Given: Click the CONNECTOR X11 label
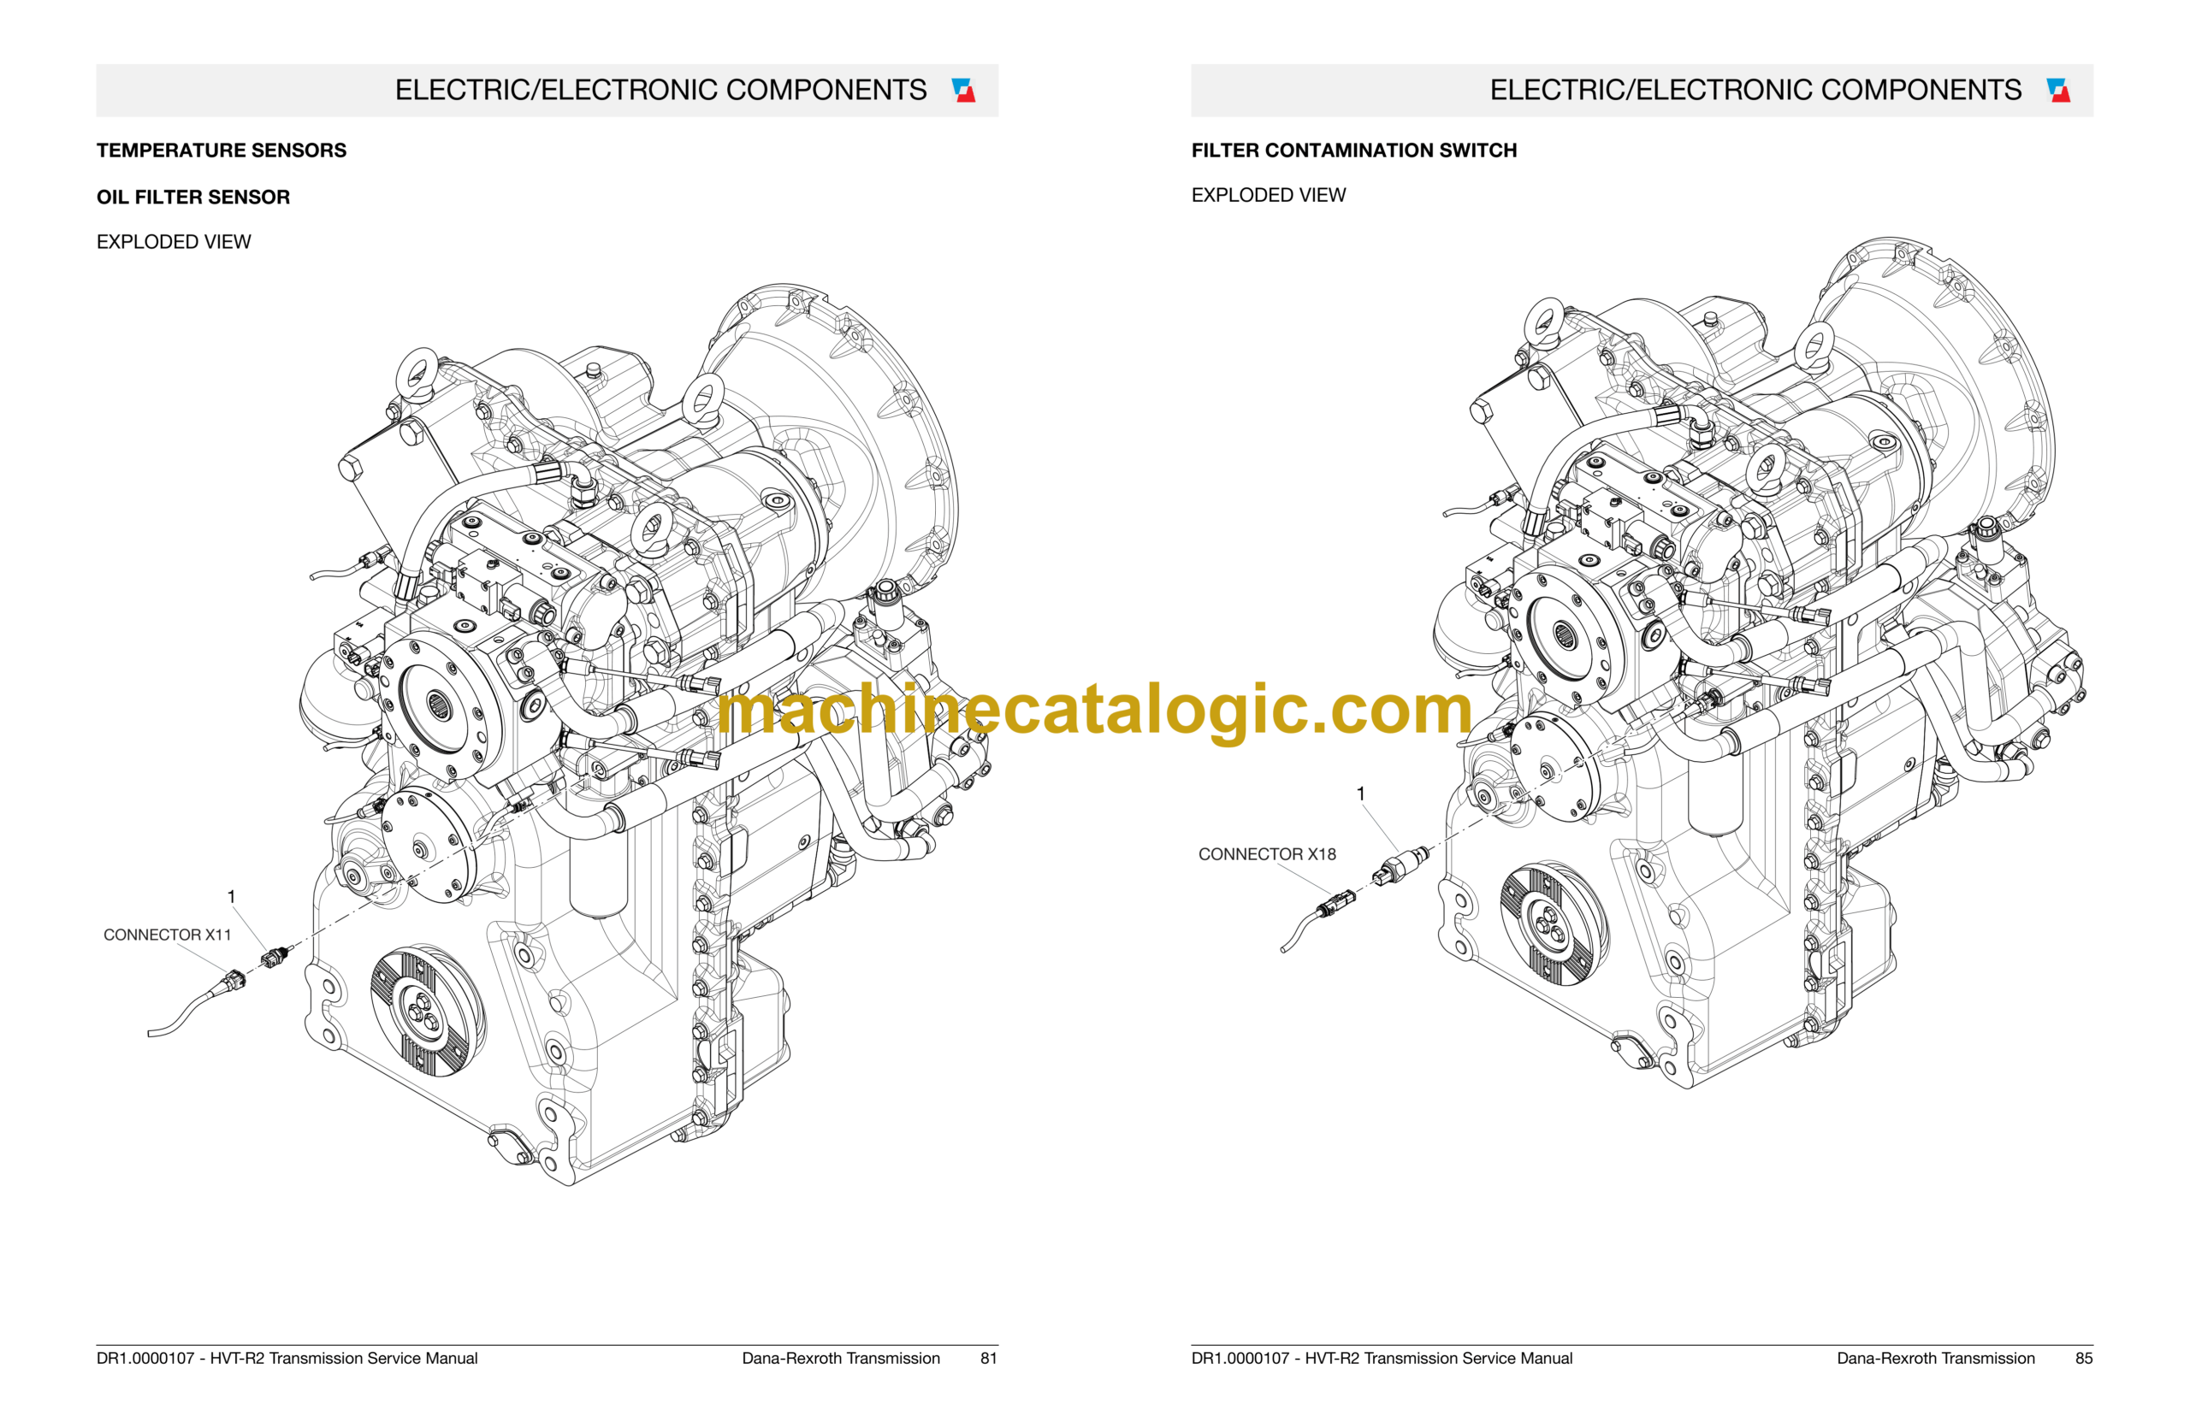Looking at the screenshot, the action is coord(168,935).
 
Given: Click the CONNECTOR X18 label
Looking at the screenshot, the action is coord(1267,854).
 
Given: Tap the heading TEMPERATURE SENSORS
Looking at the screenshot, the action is coord(222,150).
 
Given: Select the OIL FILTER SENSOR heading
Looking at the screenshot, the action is coord(193,197).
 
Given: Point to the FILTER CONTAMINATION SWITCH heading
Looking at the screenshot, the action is coord(1354,150).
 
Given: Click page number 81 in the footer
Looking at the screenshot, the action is coord(989,1358).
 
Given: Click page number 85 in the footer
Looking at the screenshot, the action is coord(2083,1358).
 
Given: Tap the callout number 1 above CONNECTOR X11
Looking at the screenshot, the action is coord(231,896).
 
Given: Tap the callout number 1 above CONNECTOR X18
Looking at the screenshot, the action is coord(1360,794).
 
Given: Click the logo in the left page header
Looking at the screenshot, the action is coord(963,90).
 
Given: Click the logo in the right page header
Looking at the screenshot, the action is coord(2058,90).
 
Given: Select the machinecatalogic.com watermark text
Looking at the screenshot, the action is coord(1094,710).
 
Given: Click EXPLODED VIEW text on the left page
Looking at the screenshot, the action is coord(174,242).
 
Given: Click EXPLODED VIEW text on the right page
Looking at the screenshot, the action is coord(1269,195).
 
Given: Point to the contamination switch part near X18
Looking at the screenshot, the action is coord(1400,866).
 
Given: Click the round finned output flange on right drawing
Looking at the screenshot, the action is coord(1554,925).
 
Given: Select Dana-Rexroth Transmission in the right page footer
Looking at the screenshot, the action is coord(1935,1358).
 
